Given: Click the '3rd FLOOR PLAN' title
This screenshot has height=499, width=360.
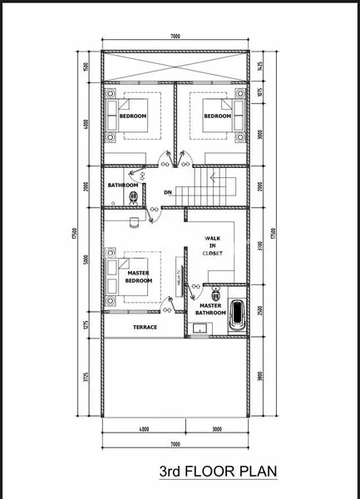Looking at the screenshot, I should coord(217,472).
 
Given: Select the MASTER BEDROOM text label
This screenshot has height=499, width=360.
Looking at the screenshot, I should coord(139,277).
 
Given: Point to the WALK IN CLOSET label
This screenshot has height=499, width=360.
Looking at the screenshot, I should coord(213,245).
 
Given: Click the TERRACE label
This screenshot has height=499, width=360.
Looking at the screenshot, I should coord(145,327).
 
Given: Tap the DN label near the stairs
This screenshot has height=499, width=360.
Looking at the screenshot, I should coord(167,192).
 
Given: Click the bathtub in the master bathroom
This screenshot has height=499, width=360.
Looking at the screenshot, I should coord(238,314).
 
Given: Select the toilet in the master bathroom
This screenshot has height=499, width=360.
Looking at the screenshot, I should coord(216,292).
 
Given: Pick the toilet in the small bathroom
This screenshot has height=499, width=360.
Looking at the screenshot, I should coord(132,197).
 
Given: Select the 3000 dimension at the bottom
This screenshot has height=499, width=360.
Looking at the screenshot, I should coord(217,429).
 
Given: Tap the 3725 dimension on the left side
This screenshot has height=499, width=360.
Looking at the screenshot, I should coord(86,377).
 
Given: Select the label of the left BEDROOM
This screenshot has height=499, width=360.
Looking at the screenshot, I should coord(132,116).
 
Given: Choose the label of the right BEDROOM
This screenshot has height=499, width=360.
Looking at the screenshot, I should coord(216,116).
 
